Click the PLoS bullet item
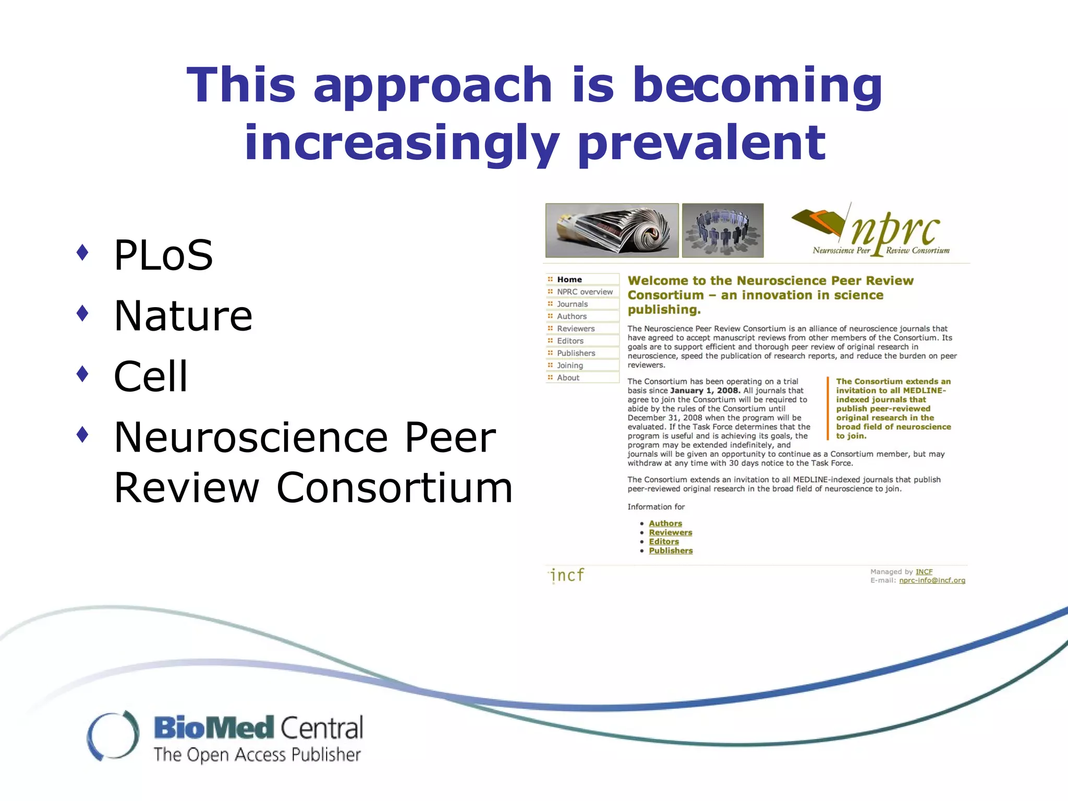[x=163, y=255]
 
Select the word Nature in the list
[x=183, y=316]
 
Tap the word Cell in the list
[x=151, y=377]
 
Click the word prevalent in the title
[x=701, y=143]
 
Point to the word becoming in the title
[x=757, y=85]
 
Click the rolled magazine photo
[x=612, y=230]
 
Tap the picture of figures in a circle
[x=723, y=230]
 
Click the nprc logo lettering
[x=896, y=229]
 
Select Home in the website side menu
[x=569, y=280]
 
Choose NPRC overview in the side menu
[x=584, y=292]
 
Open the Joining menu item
[x=569, y=366]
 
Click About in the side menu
[x=568, y=378]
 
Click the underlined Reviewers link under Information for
[x=670, y=532]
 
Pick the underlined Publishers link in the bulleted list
[x=671, y=551]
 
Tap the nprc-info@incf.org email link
[x=932, y=580]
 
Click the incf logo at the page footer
[x=567, y=575]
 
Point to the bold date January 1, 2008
[x=705, y=391]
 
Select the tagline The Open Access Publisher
[x=257, y=755]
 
